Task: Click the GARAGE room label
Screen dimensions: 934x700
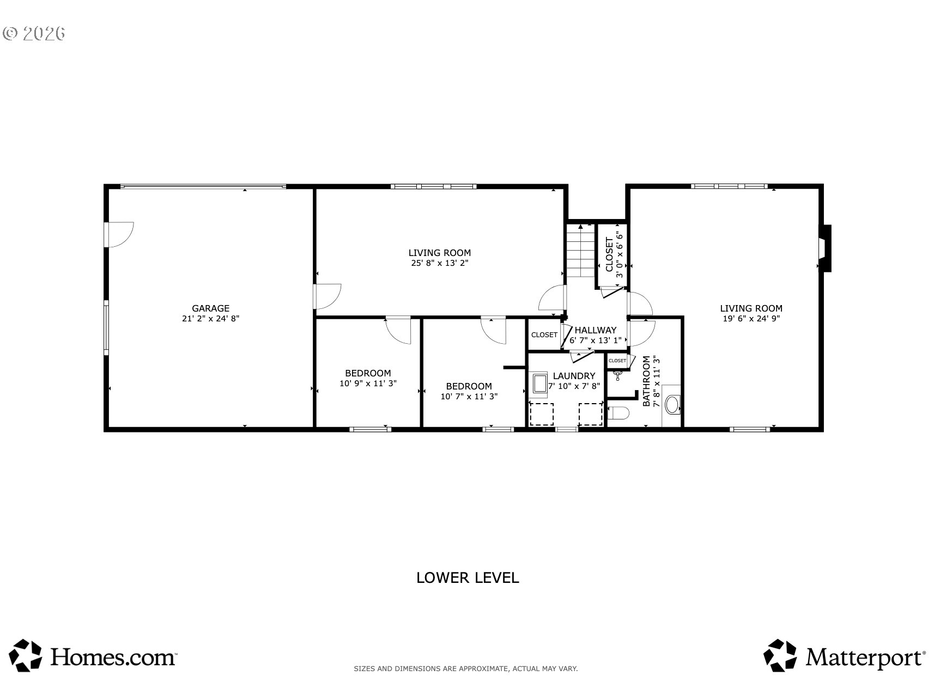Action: point(210,308)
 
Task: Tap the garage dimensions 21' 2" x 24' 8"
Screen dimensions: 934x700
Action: point(210,319)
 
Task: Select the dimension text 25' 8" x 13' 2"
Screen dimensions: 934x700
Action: point(440,263)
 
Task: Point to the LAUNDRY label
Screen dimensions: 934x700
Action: point(574,376)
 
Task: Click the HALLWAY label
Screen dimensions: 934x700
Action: point(596,330)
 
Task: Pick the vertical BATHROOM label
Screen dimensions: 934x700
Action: point(646,381)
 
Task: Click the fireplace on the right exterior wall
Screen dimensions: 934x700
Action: point(825,248)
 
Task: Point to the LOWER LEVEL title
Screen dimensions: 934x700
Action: point(468,578)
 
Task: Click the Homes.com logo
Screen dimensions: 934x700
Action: point(94,655)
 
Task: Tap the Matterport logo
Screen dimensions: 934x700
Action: point(844,655)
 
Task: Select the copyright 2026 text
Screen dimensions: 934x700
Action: point(34,33)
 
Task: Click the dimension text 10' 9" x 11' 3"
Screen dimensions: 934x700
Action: point(368,384)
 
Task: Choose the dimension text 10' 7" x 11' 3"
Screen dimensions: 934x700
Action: point(469,397)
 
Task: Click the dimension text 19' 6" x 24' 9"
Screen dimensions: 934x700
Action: point(751,319)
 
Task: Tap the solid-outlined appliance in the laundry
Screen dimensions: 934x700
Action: point(539,383)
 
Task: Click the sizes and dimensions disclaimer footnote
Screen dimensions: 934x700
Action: point(466,668)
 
